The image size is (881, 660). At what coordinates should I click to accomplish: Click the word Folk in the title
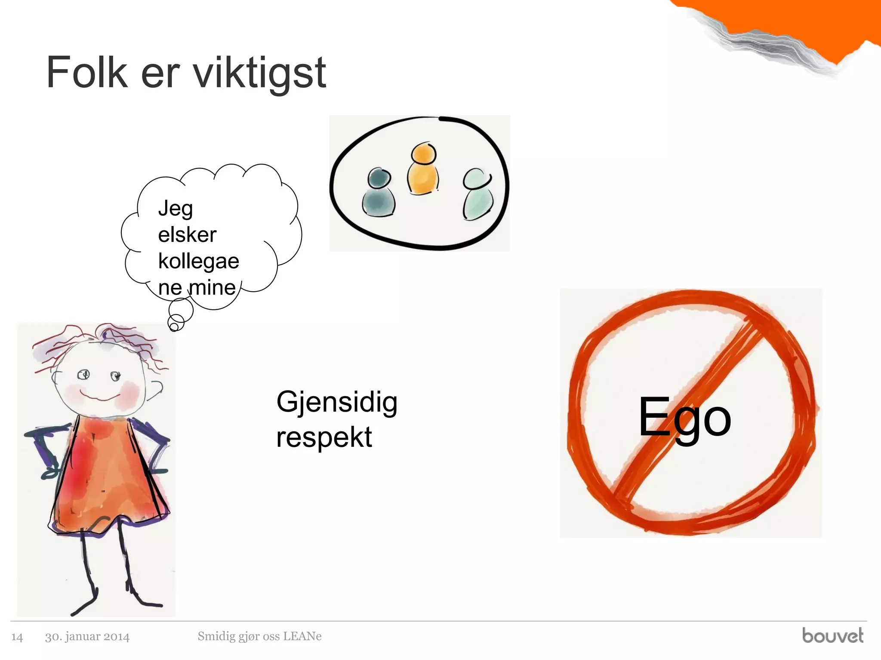pyautogui.click(x=87, y=73)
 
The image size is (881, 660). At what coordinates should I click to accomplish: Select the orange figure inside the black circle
pyautogui.click(x=423, y=170)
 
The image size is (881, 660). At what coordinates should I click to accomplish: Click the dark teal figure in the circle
pyautogui.click(x=379, y=193)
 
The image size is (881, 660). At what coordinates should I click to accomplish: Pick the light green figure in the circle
pyautogui.click(x=477, y=196)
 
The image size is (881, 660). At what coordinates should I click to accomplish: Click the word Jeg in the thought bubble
pyautogui.click(x=176, y=209)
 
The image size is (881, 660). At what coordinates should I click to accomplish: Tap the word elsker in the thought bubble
pyautogui.click(x=187, y=235)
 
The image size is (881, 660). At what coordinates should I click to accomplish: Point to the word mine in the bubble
pyautogui.click(x=213, y=287)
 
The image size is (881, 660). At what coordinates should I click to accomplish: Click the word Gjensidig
pyautogui.click(x=337, y=403)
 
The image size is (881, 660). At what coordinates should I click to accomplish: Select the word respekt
pyautogui.click(x=324, y=437)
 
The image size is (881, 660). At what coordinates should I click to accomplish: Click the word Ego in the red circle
pyautogui.click(x=684, y=418)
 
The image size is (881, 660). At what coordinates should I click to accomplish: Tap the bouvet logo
pyautogui.click(x=832, y=636)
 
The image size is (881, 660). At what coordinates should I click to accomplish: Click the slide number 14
pyautogui.click(x=17, y=637)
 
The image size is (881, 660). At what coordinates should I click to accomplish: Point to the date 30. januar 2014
pyautogui.click(x=87, y=636)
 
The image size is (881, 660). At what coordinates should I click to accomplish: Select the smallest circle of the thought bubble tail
pyautogui.click(x=174, y=327)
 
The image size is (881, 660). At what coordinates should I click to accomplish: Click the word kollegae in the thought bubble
pyautogui.click(x=199, y=261)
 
